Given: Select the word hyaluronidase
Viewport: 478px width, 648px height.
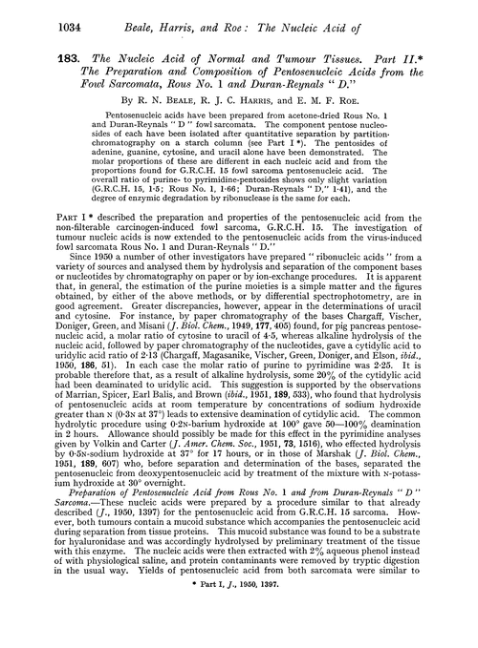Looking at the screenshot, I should [102, 575].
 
